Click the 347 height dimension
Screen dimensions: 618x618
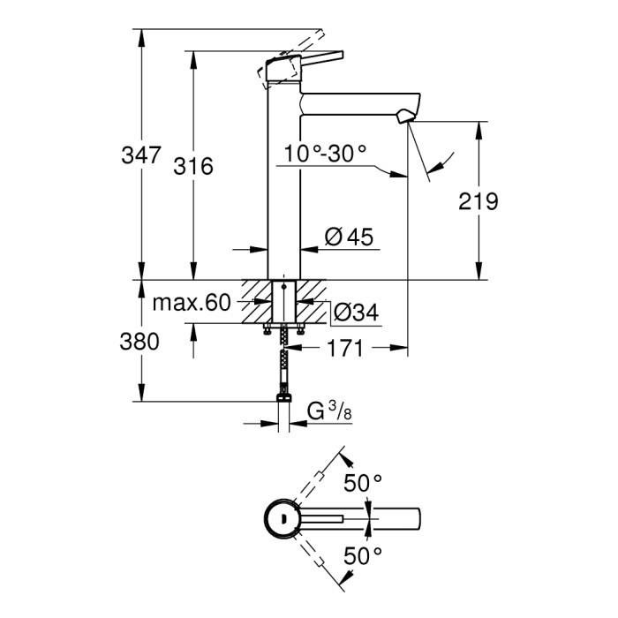point(142,157)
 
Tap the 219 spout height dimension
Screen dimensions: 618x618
point(479,201)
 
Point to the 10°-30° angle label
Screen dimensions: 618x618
point(325,154)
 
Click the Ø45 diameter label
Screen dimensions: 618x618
point(349,237)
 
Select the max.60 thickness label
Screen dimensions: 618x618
point(191,304)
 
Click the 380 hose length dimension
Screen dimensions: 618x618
point(139,342)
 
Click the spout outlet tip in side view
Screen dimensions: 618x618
point(407,117)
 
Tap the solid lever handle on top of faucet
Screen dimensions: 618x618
point(296,66)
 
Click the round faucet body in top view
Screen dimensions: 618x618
point(283,518)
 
